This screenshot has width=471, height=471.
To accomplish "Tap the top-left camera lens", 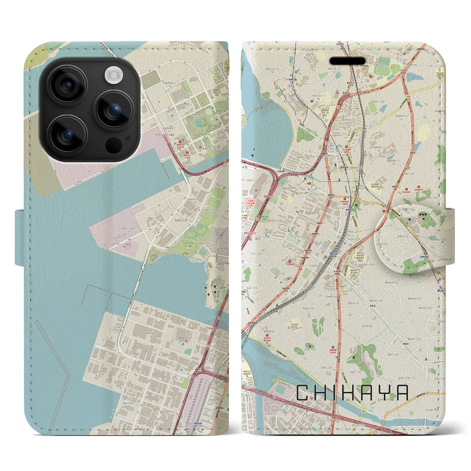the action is [68, 85].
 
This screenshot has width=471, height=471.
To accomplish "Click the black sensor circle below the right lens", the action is [114, 145].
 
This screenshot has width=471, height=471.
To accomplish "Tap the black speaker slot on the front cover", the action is [347, 61].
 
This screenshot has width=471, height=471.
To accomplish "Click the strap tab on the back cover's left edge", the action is [20, 237].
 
